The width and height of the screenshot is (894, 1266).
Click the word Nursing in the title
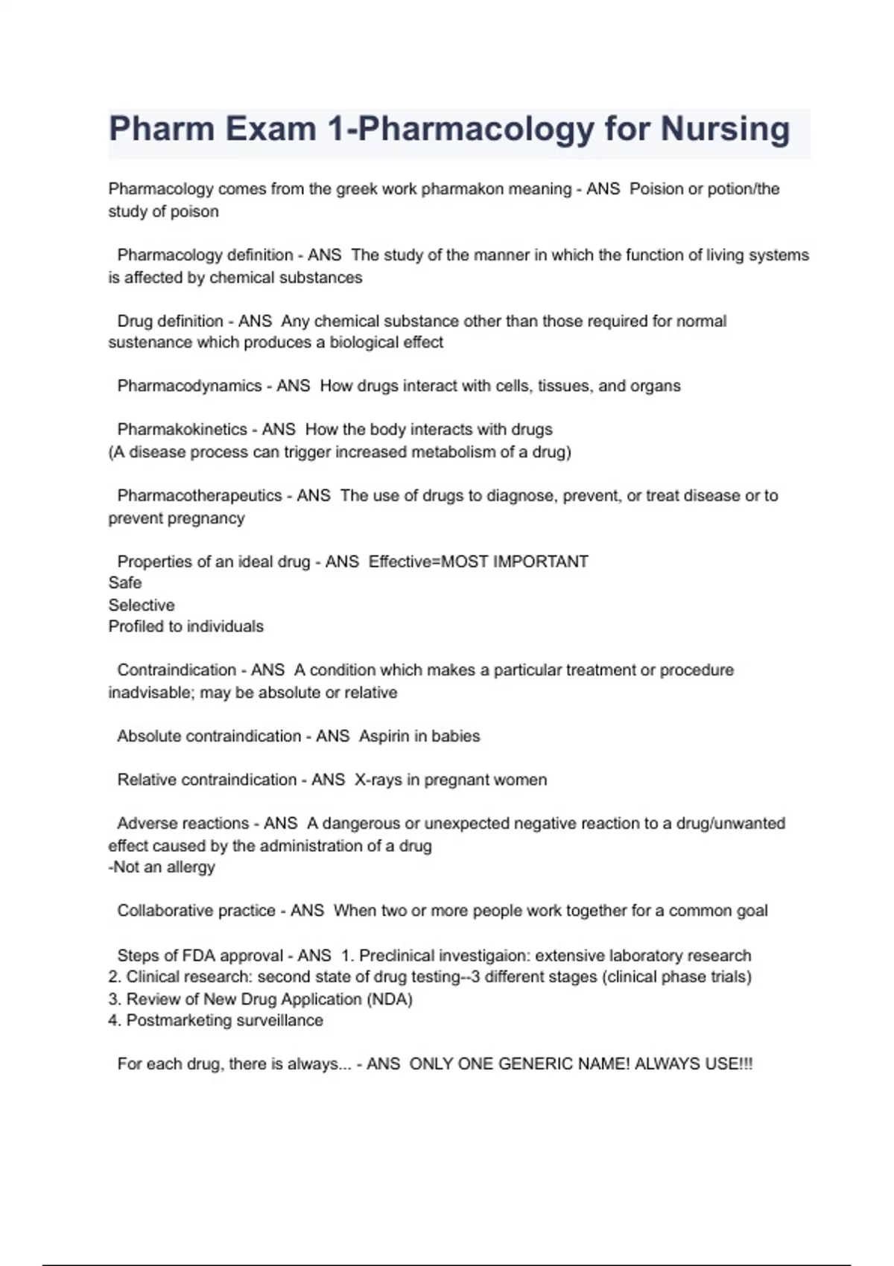pyautogui.click(x=725, y=129)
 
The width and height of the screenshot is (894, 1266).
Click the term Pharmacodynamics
pyautogui.click(x=189, y=386)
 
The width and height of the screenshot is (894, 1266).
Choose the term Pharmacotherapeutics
pyautogui.click(x=200, y=496)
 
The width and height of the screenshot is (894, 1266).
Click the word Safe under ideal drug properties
pyautogui.click(x=124, y=583)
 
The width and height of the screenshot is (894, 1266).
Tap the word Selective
pyautogui.click(x=142, y=605)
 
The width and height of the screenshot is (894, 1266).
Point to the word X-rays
pyautogui.click(x=378, y=780)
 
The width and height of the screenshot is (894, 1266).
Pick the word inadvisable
pyautogui.click(x=152, y=693)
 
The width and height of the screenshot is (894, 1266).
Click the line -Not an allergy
pyautogui.click(x=162, y=868)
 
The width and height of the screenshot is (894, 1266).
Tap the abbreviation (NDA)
pyautogui.click(x=390, y=999)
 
